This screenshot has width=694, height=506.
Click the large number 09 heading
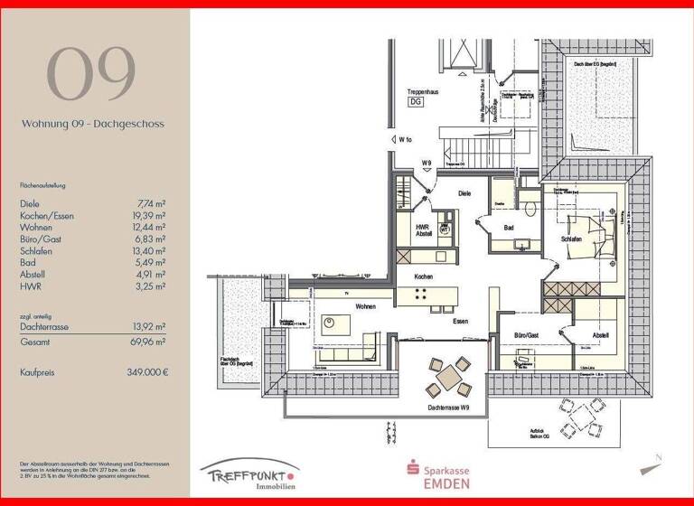[91, 74]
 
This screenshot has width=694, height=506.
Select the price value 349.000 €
[147, 372]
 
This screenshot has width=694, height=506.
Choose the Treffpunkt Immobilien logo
[249, 474]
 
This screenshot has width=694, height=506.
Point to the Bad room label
[509, 228]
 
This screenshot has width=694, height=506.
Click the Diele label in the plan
[464, 193]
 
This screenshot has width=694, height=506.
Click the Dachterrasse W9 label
[449, 408]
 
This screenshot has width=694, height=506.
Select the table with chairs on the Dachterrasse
[448, 377]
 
